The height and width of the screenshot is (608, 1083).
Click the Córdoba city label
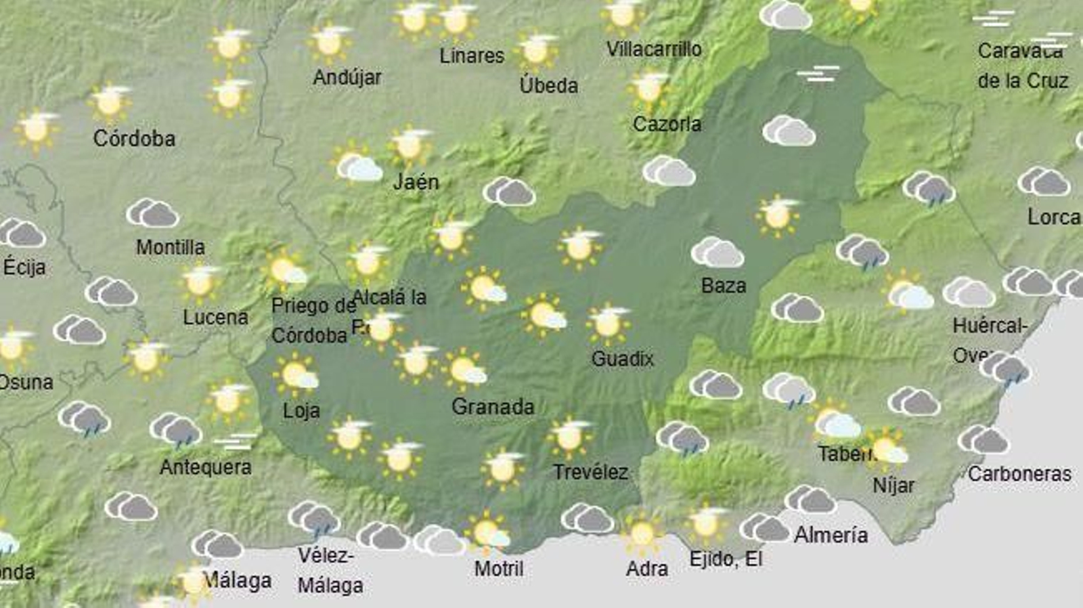[x=134, y=139]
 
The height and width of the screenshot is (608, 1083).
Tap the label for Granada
[x=493, y=407]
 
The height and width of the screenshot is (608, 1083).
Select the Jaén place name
[x=416, y=182]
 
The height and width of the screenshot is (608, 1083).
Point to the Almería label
[x=831, y=536]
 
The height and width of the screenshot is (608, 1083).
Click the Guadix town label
[x=622, y=359]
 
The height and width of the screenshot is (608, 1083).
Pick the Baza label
[x=723, y=286]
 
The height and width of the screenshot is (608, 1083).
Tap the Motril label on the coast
[x=499, y=569]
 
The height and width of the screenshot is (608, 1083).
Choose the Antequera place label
[x=206, y=467]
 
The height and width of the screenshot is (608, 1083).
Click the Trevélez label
[x=590, y=473]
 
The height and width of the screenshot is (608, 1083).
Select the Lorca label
[x=1053, y=217]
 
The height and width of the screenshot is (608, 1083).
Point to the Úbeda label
[x=548, y=86]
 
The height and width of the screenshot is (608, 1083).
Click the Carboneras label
[x=1019, y=474]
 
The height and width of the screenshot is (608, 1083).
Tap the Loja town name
[x=301, y=411]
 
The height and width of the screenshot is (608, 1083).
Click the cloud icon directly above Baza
[x=717, y=253]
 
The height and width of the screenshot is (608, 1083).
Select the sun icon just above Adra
[x=642, y=534]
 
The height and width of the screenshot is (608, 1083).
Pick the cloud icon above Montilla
[x=152, y=213]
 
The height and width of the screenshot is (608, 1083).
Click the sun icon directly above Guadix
[x=607, y=322]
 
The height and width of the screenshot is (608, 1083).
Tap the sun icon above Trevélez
[x=569, y=436]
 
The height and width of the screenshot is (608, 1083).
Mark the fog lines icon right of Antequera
[x=235, y=442]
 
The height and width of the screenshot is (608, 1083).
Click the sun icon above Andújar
[x=330, y=42]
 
